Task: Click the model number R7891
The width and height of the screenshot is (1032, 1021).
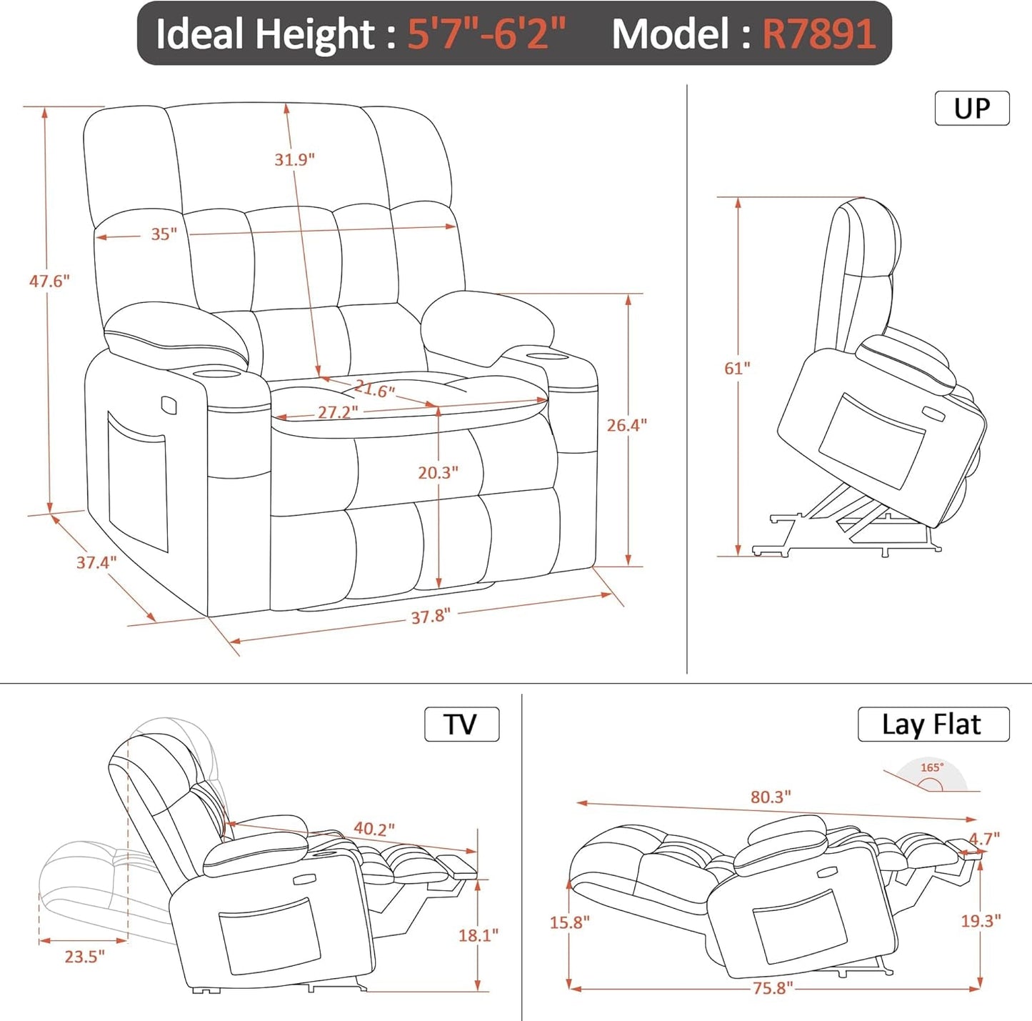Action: coord(818,34)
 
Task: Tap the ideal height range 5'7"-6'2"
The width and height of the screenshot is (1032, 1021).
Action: coord(486,34)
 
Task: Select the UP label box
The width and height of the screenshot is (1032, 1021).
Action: coord(971,109)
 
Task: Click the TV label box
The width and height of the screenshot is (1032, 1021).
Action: coord(461,724)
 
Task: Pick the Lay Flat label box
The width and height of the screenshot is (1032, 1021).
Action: coord(932,724)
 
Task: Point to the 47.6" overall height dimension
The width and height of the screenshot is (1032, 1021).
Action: coord(49,282)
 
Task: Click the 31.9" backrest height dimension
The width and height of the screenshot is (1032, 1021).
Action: coord(294,159)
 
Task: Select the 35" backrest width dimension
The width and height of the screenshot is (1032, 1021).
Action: coord(164,234)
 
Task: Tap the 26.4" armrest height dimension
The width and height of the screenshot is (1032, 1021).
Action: coord(626,425)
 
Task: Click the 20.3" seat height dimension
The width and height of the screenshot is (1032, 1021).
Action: coord(438,472)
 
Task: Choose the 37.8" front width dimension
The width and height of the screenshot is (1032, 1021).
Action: coord(430,616)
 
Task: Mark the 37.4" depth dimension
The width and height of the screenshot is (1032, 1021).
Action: coord(96,562)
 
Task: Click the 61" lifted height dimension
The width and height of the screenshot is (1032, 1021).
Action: coord(737,368)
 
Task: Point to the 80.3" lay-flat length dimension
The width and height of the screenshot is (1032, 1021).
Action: coord(770,797)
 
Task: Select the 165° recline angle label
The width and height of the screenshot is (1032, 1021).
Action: coord(931,767)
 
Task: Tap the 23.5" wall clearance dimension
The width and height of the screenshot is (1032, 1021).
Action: coord(84,956)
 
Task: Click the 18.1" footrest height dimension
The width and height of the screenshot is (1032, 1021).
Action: coord(478,935)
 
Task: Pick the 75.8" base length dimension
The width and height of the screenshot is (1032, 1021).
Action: coord(772,988)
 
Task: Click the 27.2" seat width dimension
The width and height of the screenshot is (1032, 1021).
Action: coord(337,412)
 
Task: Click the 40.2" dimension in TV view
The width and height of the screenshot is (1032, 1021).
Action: coord(374,829)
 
